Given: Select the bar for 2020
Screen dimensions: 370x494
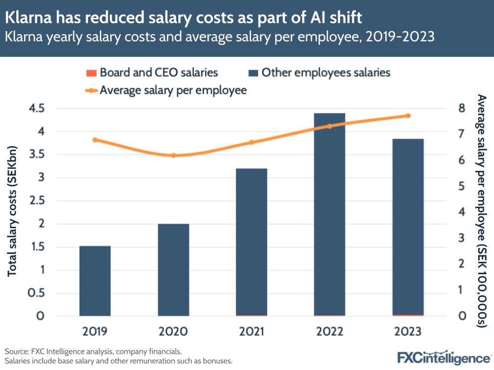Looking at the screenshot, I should pos(173,270).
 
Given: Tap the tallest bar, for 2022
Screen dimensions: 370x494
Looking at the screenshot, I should pos(329,214).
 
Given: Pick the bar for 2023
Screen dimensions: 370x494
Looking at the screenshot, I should pos(408,227).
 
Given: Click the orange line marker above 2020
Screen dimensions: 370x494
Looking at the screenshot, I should pos(173,156).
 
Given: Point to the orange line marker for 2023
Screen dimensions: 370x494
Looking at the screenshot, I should pos(408,116).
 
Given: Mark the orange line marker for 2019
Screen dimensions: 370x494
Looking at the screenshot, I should pos(95,140).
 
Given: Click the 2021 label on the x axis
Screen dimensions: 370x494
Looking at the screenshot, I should pos(251,331).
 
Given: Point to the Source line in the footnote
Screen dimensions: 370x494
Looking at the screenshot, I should pos(93,352).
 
